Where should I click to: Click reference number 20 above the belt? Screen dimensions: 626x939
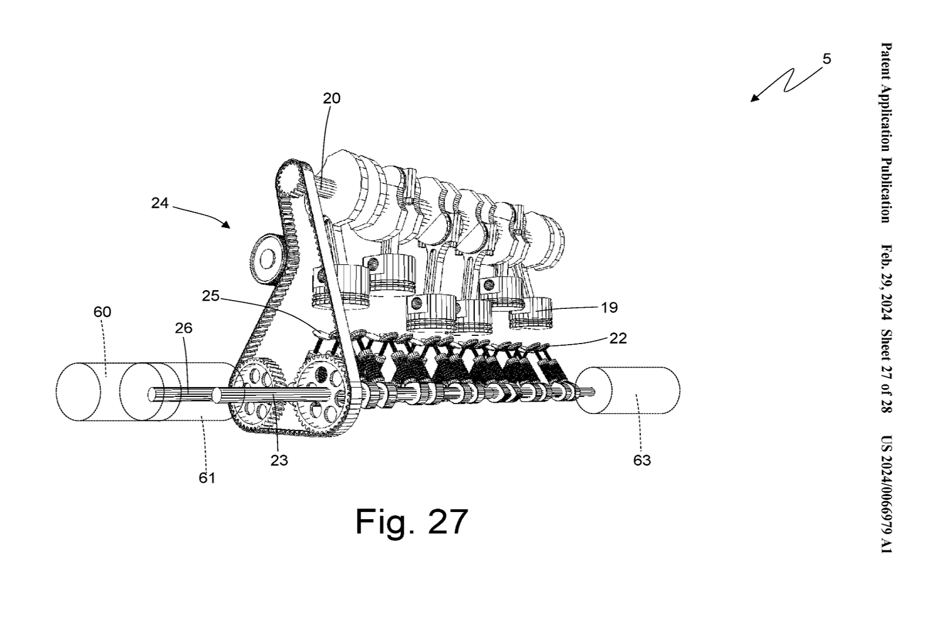[x=331, y=98]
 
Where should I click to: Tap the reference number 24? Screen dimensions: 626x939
[x=160, y=203]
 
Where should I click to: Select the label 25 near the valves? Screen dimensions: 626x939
[x=210, y=296]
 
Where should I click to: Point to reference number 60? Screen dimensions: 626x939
[x=102, y=312]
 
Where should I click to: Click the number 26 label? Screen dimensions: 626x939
[x=184, y=328]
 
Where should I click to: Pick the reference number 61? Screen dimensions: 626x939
[x=207, y=478]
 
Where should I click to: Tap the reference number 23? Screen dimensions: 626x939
[x=279, y=460]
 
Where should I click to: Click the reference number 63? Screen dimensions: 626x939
[x=642, y=460]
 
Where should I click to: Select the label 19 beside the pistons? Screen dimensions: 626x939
[x=609, y=307]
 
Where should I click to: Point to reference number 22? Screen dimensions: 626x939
[x=618, y=338]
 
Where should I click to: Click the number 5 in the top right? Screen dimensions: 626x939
[x=827, y=59]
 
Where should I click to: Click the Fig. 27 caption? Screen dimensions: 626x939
[x=411, y=521]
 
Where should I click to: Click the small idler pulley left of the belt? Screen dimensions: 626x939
[x=266, y=258]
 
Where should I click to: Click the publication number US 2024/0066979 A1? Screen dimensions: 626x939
[x=886, y=494]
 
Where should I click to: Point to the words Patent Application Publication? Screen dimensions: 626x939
[x=886, y=133]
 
